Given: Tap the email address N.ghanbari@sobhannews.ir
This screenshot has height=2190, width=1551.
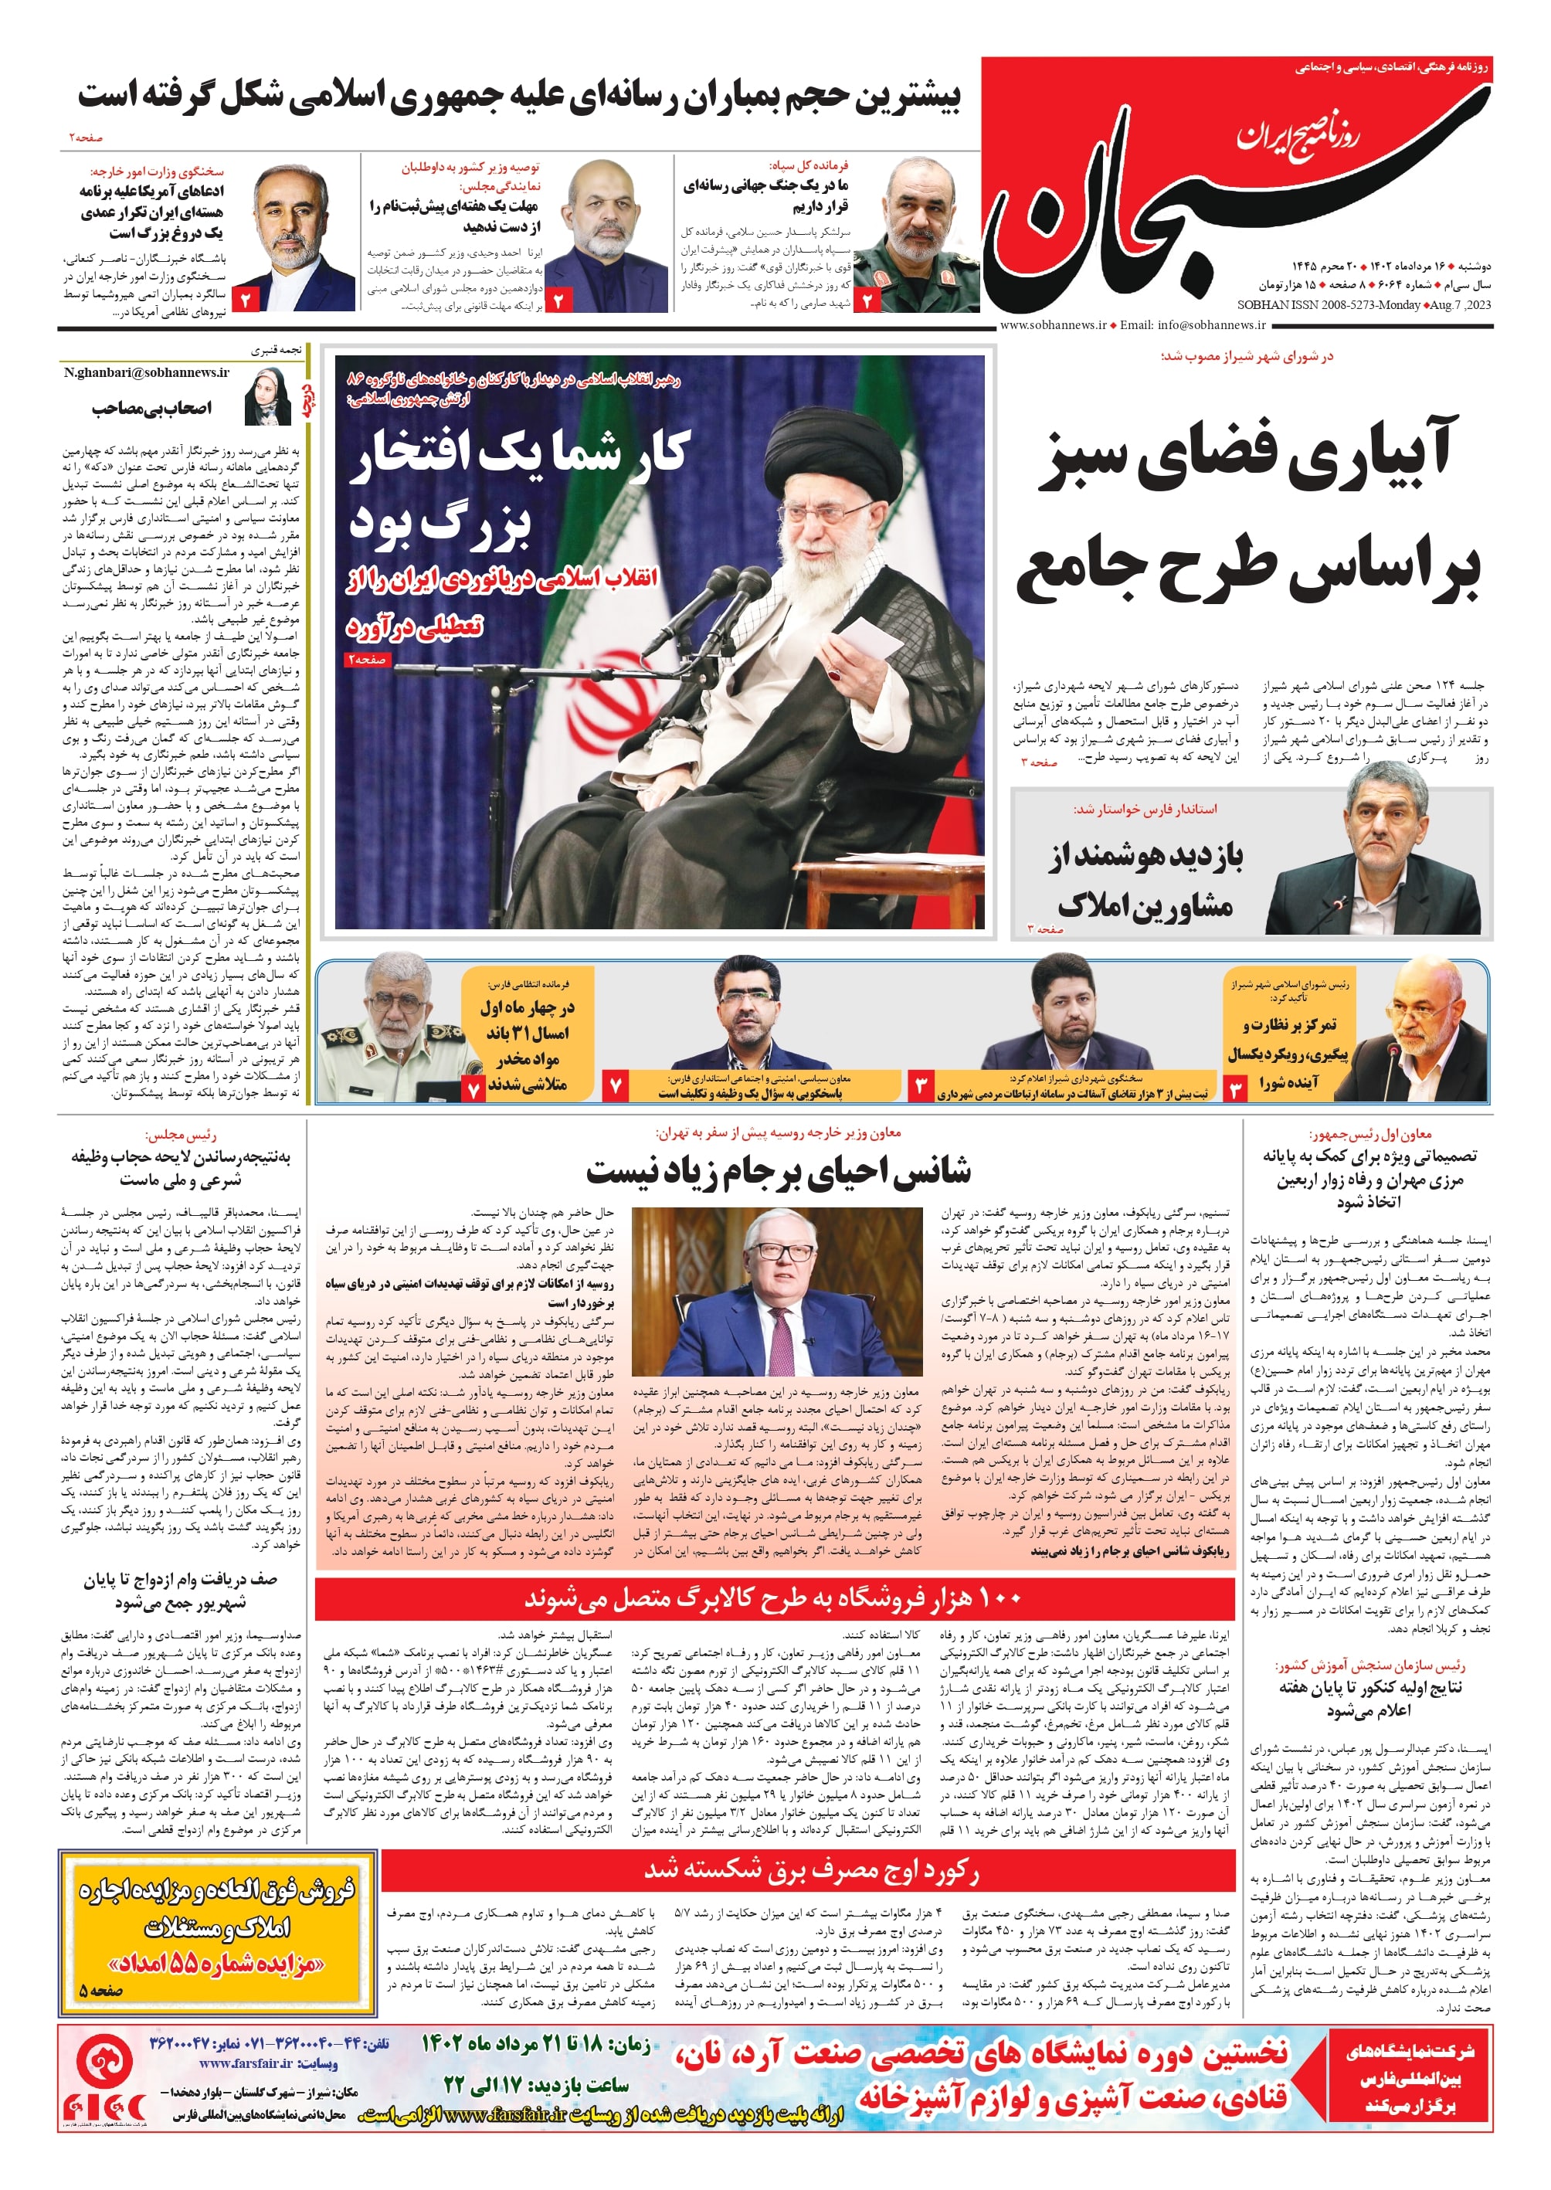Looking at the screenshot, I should tap(146, 372).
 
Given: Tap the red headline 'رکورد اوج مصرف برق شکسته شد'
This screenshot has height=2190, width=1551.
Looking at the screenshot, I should tap(811, 1869).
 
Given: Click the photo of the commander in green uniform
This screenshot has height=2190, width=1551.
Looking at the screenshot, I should tap(918, 235).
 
